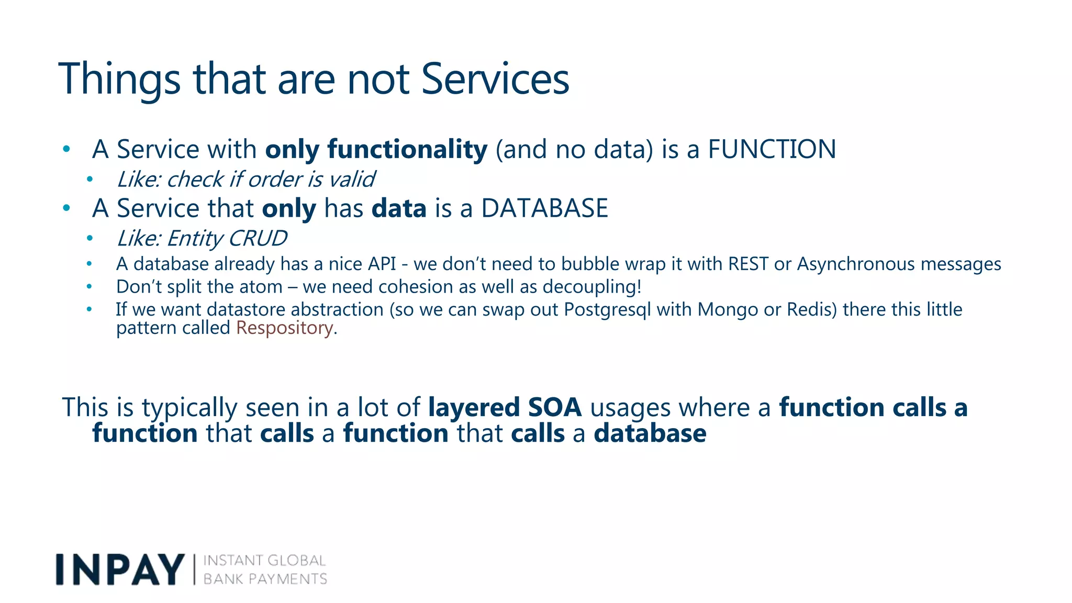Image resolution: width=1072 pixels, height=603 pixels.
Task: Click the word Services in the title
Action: click(495, 80)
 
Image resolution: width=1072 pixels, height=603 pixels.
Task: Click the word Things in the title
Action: click(119, 80)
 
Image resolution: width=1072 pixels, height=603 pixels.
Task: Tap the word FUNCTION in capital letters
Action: click(772, 150)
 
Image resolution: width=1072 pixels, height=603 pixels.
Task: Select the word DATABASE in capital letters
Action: click(544, 208)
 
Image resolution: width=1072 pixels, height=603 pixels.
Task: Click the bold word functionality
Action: click(407, 150)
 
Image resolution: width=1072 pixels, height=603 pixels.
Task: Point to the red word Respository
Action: click(284, 328)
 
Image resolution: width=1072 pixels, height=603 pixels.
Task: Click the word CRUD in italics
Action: click(258, 239)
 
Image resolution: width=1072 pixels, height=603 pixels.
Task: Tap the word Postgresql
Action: click(607, 310)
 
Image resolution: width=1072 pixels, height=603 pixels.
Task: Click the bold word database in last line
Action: click(650, 434)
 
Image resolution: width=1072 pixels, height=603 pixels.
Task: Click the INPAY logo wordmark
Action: click(120, 569)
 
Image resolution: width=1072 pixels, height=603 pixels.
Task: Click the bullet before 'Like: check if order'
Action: click(90, 180)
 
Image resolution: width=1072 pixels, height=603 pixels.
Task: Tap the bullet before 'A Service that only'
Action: click(66, 208)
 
